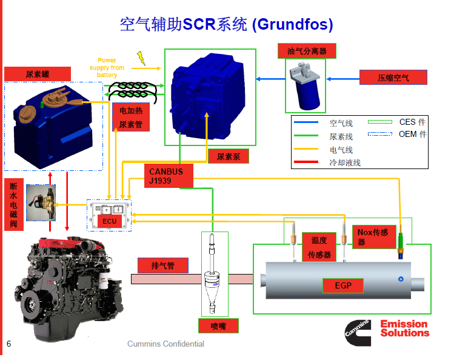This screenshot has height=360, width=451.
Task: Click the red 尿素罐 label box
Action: click(38, 74)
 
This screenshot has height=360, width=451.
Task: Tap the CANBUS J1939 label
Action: click(169, 176)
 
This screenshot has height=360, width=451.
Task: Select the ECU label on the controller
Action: click(110, 221)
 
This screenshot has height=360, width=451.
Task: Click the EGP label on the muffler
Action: click(343, 285)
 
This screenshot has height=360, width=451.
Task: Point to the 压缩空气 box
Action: click(393, 78)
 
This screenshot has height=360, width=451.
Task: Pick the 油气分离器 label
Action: click(307, 51)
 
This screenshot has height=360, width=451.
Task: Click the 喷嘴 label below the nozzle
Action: click(218, 326)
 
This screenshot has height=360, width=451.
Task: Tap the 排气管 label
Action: click(163, 265)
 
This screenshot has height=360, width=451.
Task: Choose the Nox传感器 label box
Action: click(374, 237)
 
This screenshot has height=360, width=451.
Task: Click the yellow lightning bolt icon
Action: click(141, 58)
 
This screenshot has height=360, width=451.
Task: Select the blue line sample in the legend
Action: click(306, 122)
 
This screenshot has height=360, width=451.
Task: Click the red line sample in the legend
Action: click(306, 162)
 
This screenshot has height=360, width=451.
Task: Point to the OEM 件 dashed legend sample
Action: click(380, 134)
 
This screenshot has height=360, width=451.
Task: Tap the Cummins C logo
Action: click(358, 333)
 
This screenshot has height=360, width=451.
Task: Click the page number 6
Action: click(9, 344)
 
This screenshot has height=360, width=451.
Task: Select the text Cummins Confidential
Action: click(165, 344)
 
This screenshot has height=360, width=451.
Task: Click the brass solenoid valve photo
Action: click(41, 202)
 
